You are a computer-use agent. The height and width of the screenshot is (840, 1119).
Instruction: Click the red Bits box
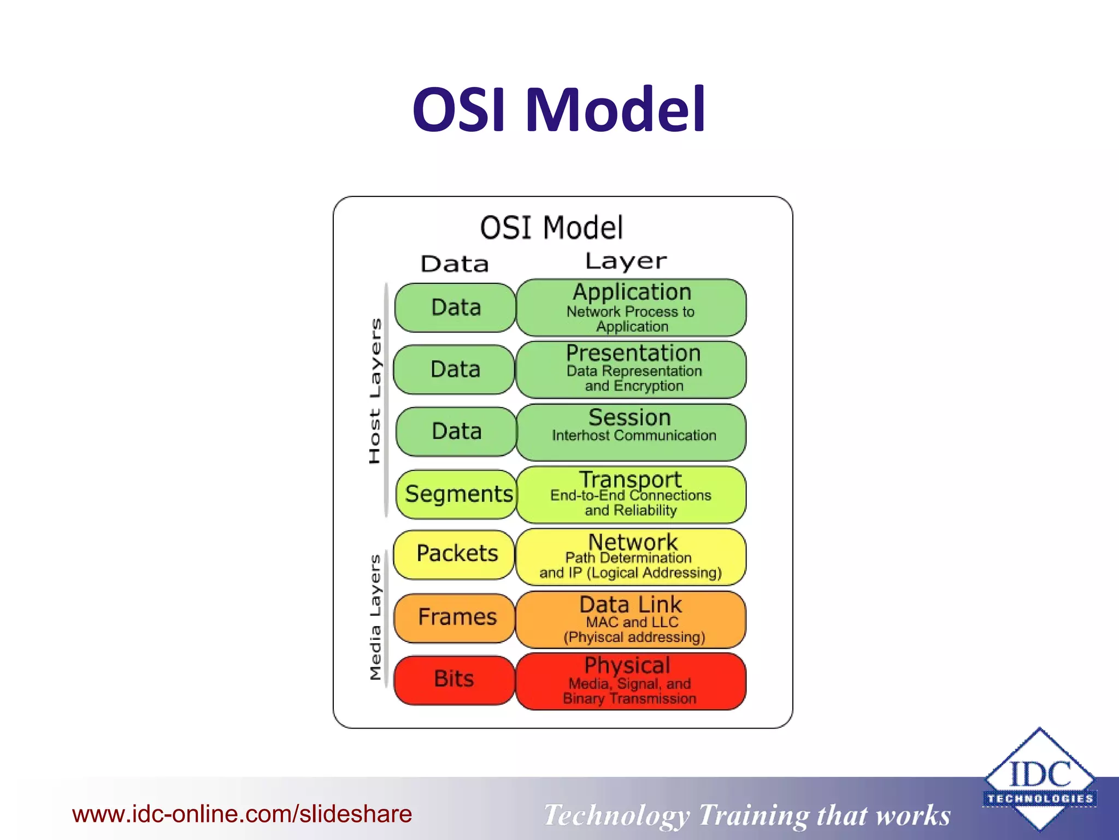tap(454, 680)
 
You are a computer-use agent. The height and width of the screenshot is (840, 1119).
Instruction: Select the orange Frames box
tap(455, 617)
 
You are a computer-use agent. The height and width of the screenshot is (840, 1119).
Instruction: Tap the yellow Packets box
tap(455, 554)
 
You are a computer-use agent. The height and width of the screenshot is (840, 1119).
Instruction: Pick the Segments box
tap(457, 494)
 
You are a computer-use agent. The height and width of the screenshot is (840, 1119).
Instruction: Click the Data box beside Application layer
tap(455, 307)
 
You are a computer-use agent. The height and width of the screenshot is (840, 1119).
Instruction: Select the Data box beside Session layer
tap(456, 431)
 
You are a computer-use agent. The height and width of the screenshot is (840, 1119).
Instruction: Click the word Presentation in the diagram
tap(633, 353)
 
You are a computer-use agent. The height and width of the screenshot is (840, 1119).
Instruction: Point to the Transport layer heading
tap(630, 480)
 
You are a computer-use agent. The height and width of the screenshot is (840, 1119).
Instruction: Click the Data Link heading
tap(631, 605)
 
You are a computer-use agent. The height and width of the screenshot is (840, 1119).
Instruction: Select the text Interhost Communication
tap(634, 436)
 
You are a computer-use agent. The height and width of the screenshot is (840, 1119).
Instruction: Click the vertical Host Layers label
tap(375, 391)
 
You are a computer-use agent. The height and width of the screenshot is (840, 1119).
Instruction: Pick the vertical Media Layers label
tap(375, 617)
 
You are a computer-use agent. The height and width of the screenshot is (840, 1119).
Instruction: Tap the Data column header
tap(455, 265)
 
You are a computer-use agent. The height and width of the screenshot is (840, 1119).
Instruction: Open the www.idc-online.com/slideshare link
tap(242, 814)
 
